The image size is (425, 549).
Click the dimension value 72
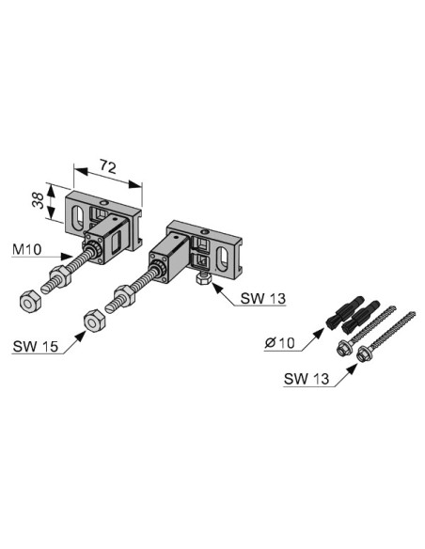pyautogui.click(x=108, y=166)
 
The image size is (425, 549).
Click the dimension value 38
pyautogui.click(x=39, y=201)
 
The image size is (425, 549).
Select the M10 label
pyautogui.click(x=26, y=249)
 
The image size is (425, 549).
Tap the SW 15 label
pyautogui.click(x=36, y=346)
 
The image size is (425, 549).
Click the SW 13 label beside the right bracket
pyautogui.click(x=263, y=299)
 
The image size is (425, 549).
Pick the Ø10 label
pyautogui.click(x=279, y=343)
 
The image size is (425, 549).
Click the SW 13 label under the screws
pyautogui.click(x=307, y=379)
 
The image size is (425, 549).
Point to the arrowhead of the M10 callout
pyautogui.click(x=67, y=257)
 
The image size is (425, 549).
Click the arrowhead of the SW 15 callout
pyautogui.click(x=81, y=337)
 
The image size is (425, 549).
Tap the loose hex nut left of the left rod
pyautogui.click(x=30, y=300)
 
